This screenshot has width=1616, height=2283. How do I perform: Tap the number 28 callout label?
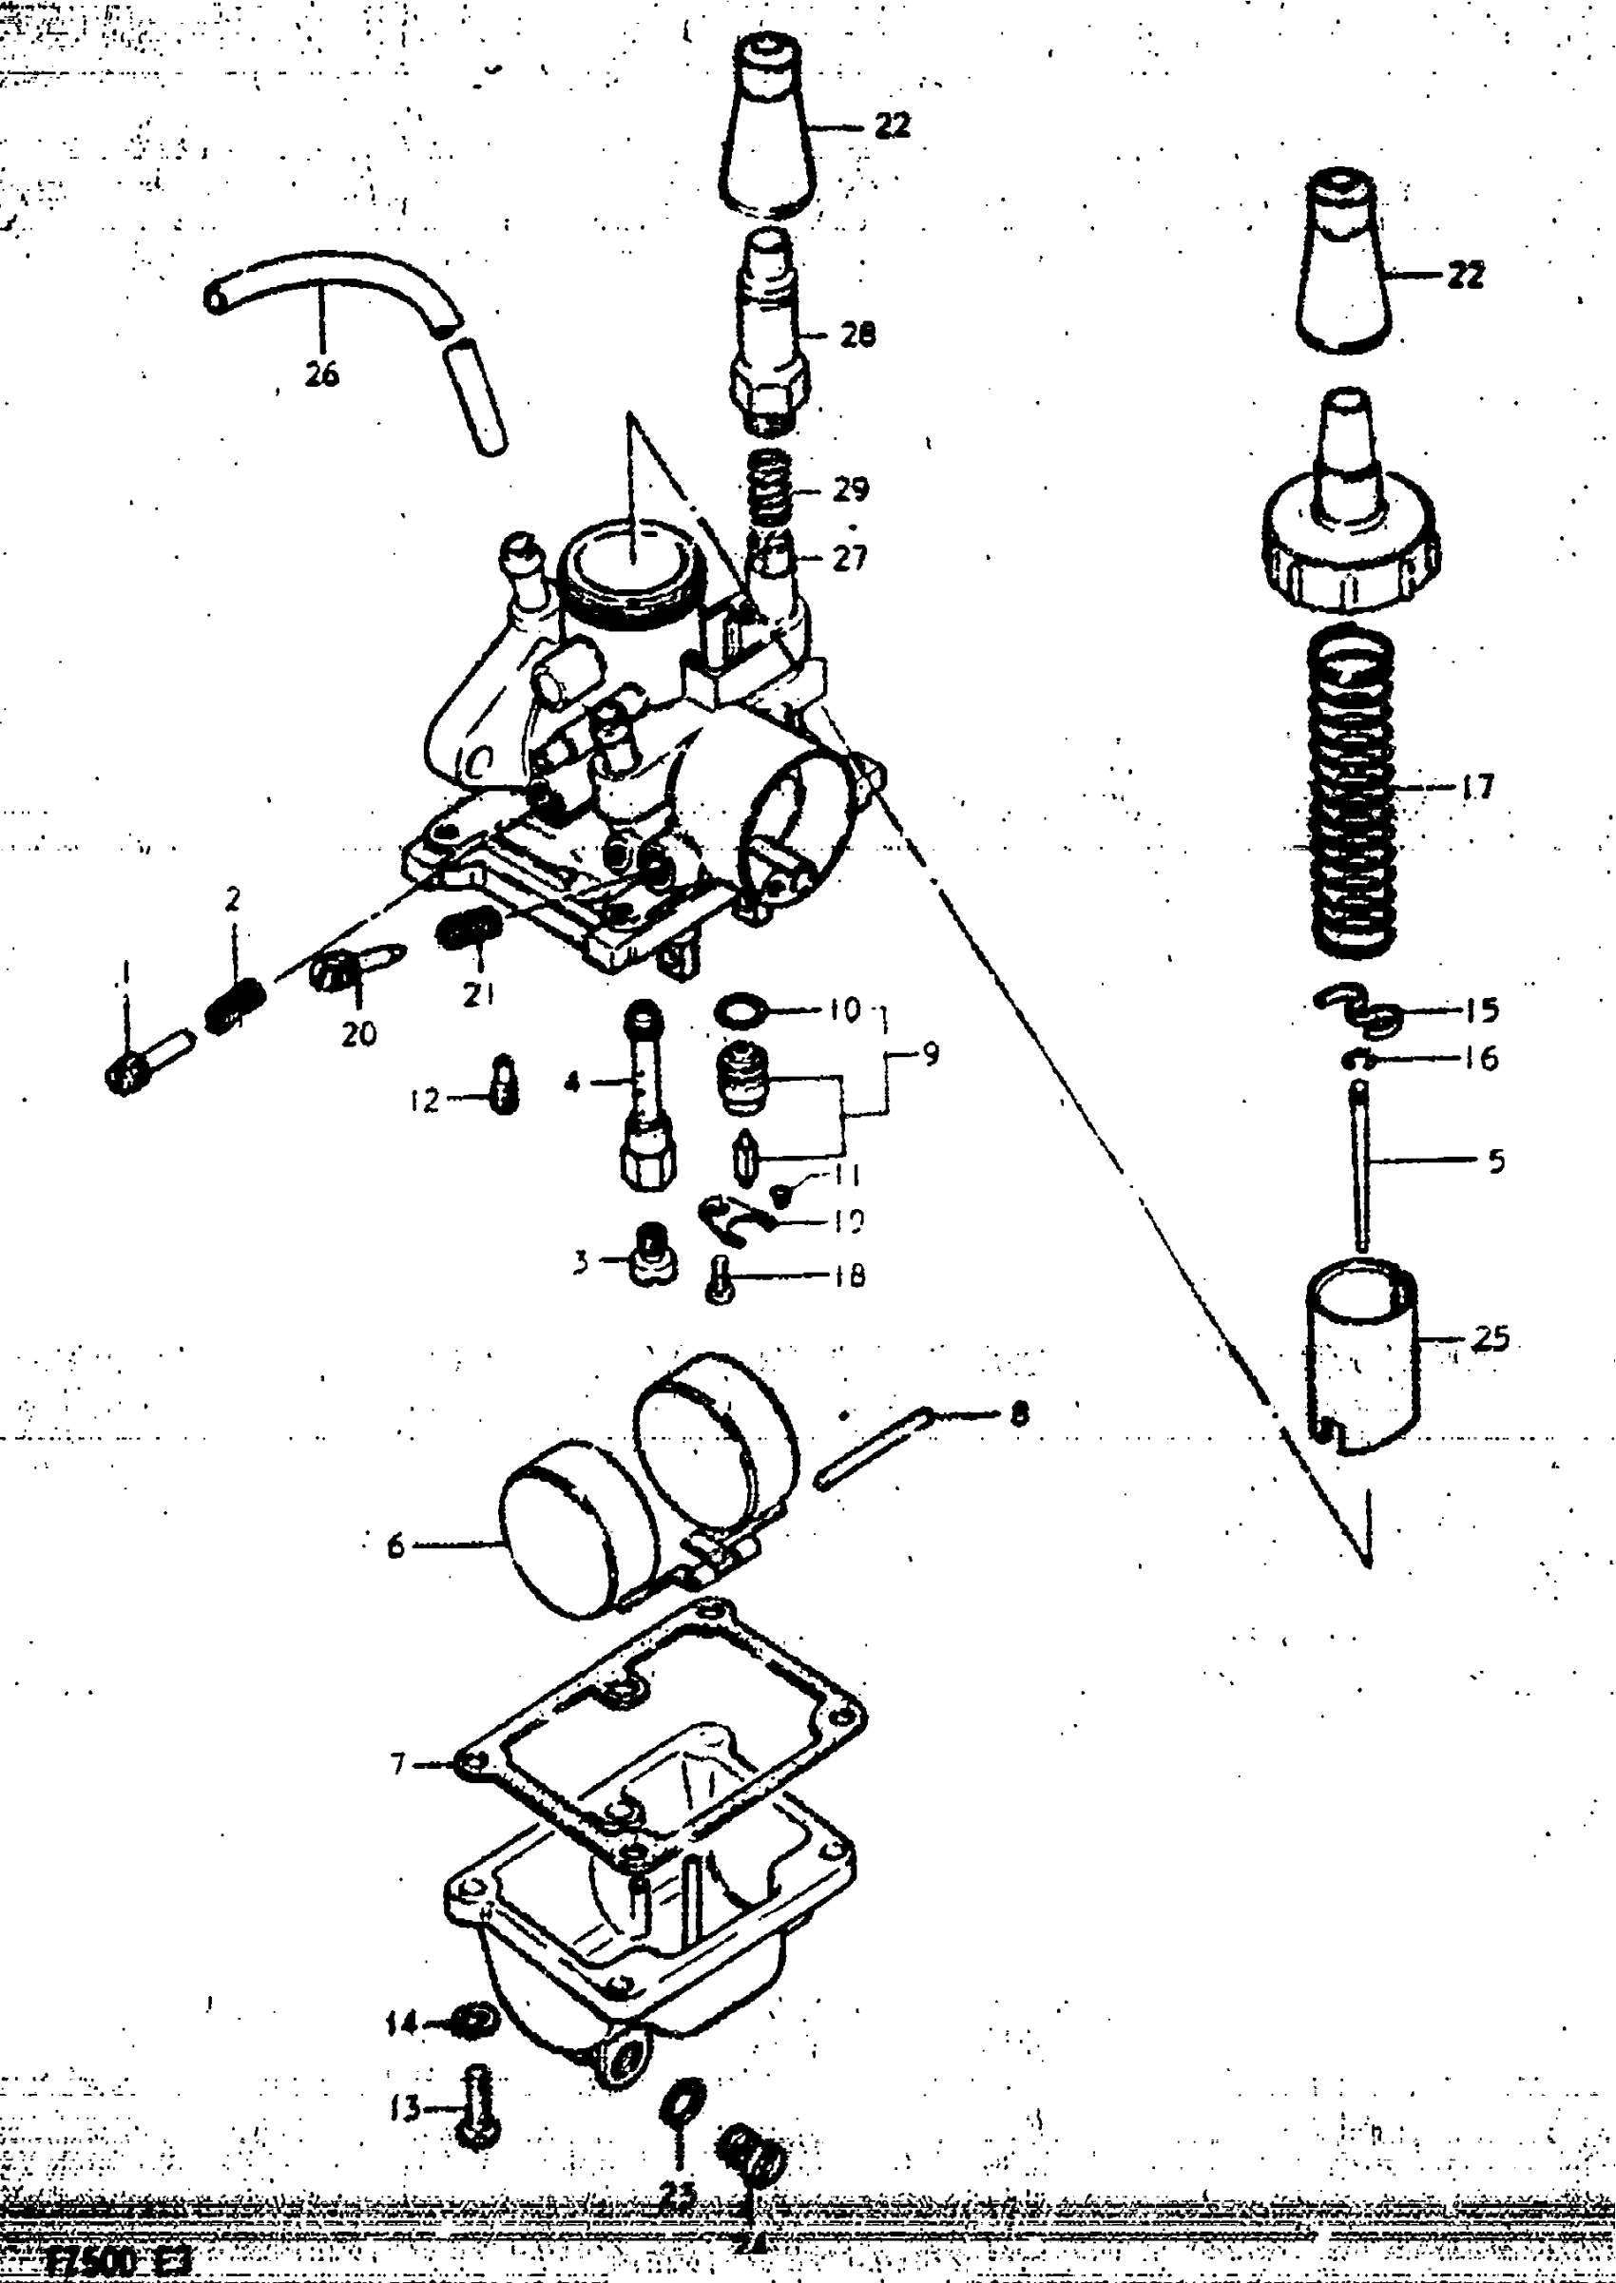pos(856,336)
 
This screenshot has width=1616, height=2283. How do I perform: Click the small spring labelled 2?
pos(236,1006)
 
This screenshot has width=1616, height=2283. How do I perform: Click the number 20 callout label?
pos(358,1034)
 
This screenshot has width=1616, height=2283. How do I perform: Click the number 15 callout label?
pos(1482,1009)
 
